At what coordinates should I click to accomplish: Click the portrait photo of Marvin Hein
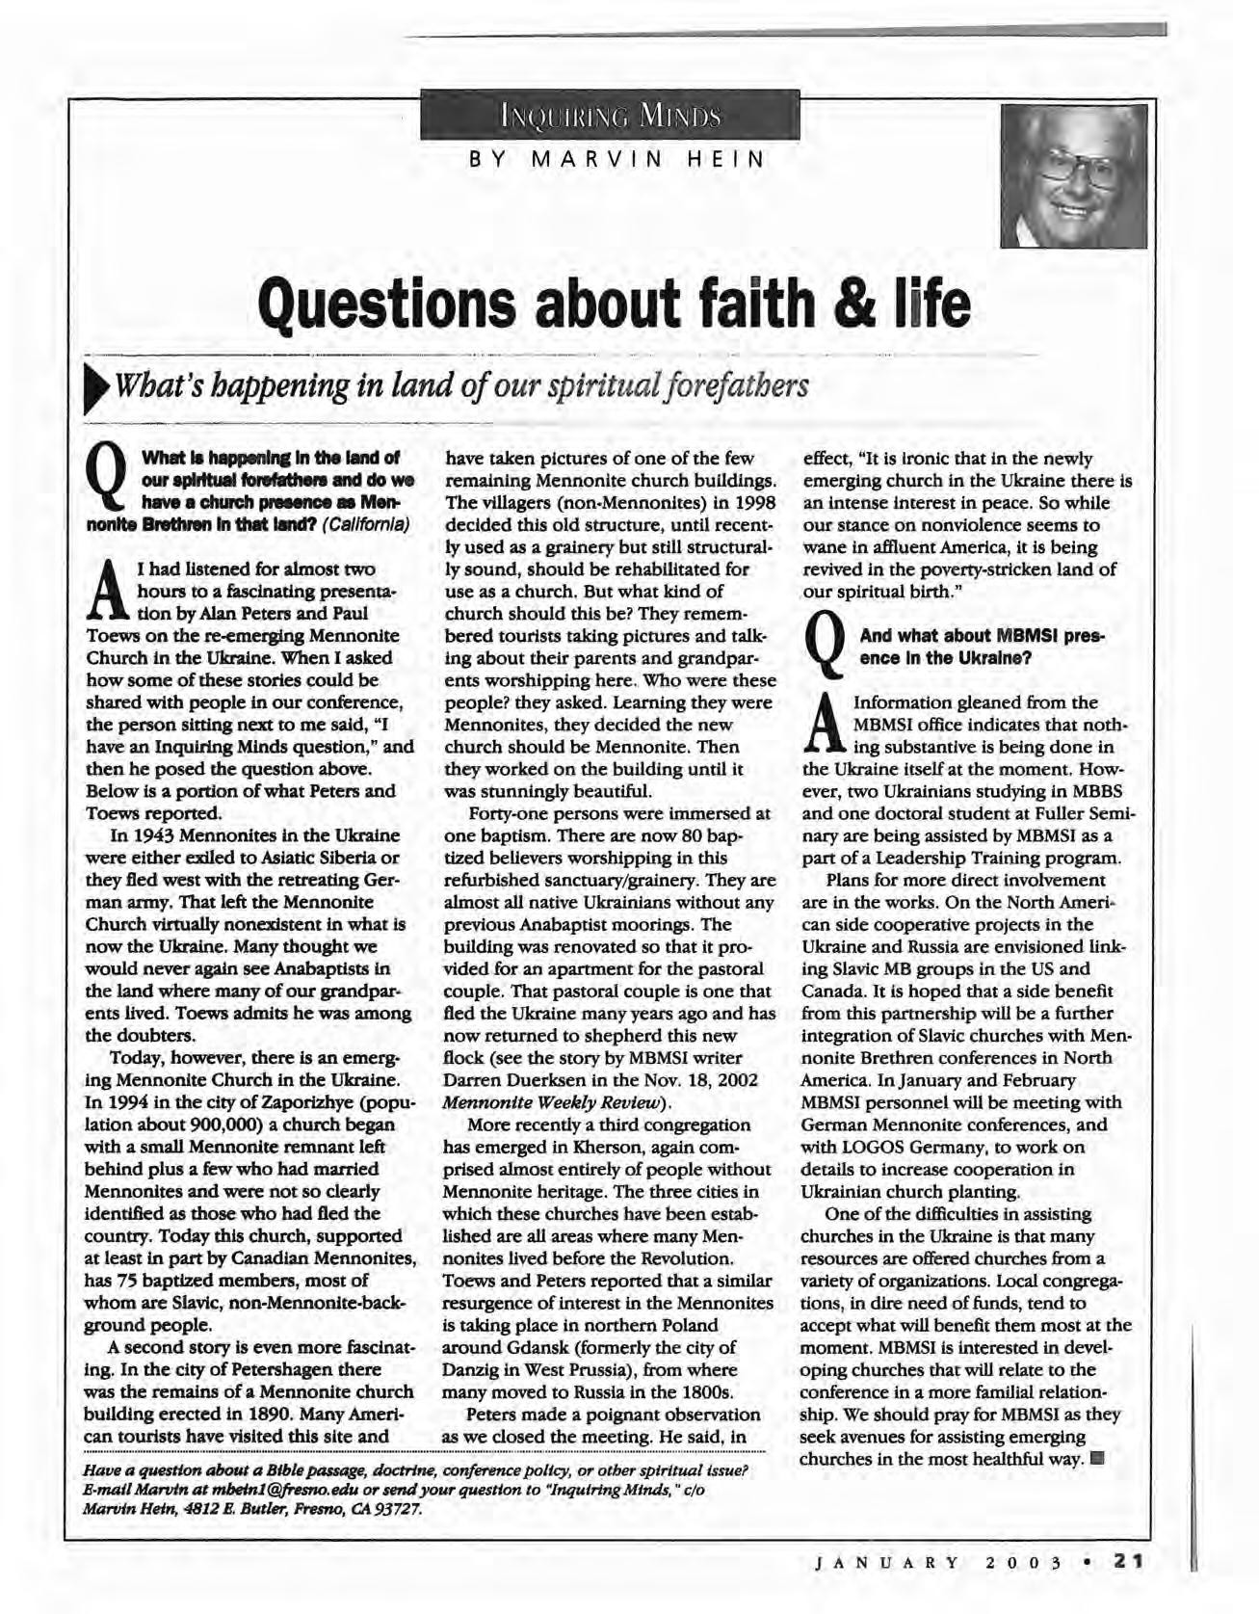pyautogui.click(x=1074, y=177)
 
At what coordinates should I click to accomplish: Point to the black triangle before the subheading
pyautogui.click(x=97, y=389)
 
